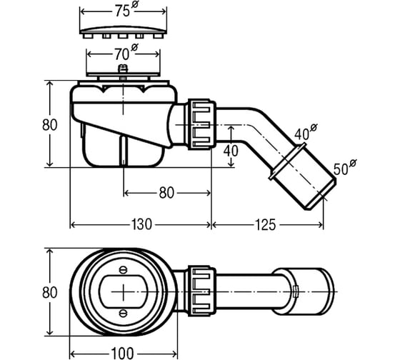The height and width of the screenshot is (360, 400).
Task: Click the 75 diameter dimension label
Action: click(126, 10)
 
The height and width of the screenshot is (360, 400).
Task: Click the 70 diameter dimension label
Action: click(126, 53)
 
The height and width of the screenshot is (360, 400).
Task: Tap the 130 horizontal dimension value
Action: click(141, 224)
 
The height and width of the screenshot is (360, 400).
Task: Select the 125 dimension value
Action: click(265, 224)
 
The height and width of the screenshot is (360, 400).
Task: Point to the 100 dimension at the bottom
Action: click(122, 354)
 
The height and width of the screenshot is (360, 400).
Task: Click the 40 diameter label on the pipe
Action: click(306, 132)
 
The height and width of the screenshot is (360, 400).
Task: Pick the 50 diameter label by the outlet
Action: click(345, 167)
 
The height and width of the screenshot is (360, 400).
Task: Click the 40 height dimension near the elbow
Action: click(231, 151)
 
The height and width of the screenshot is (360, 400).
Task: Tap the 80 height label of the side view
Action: click(50, 125)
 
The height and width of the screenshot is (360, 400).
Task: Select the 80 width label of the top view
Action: click(50, 292)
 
